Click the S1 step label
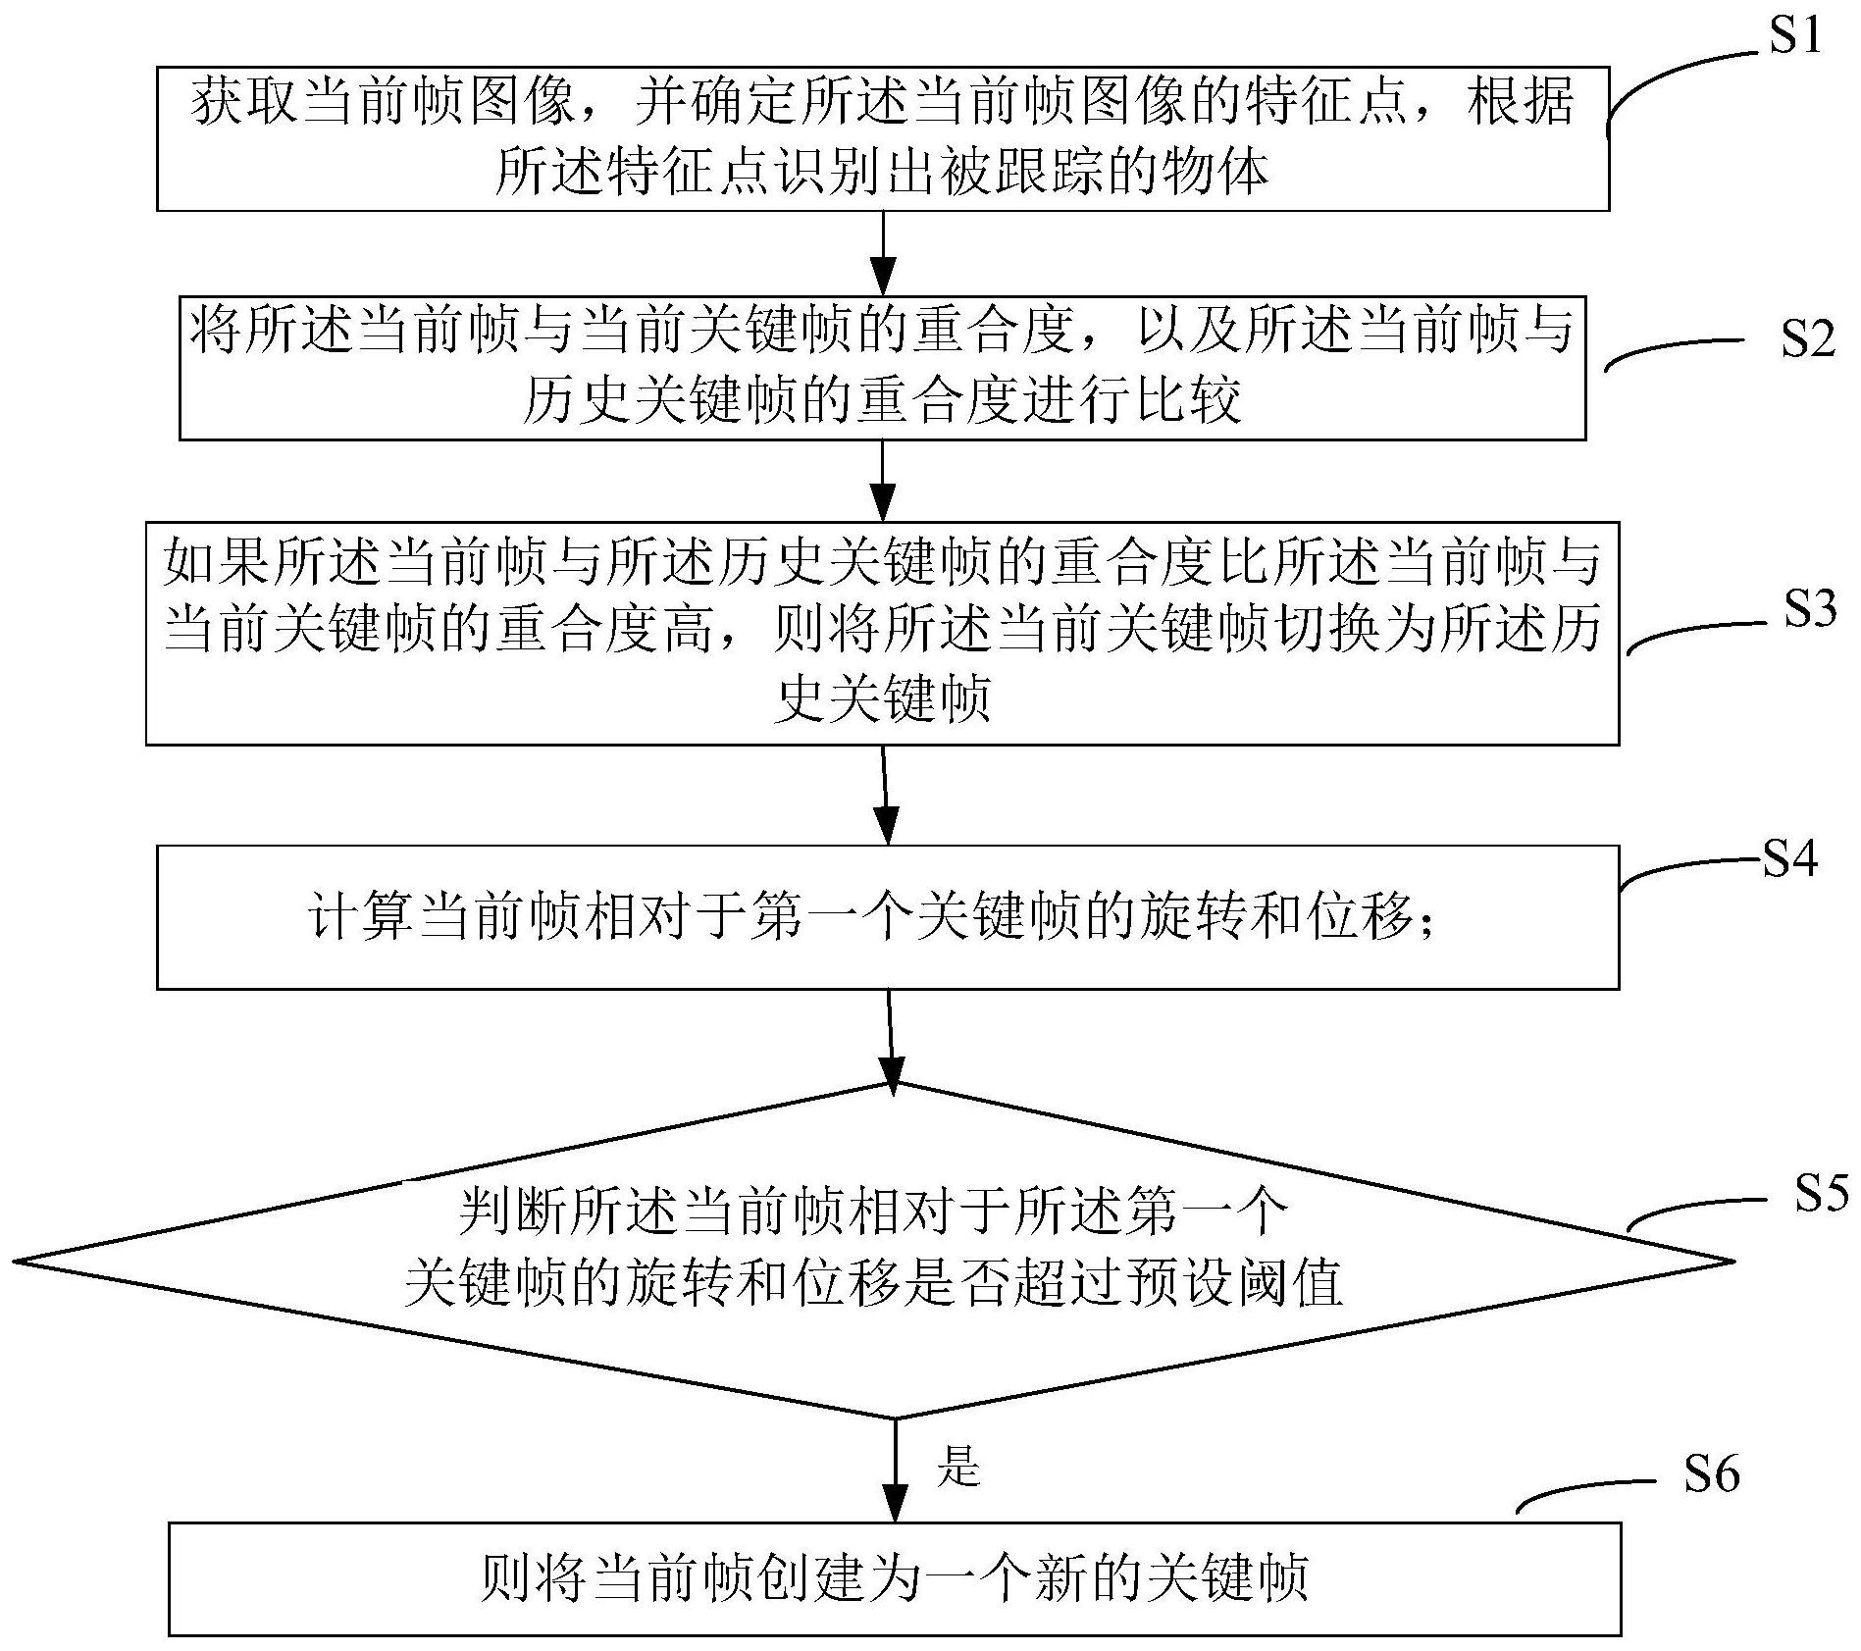pyautogui.click(x=1792, y=36)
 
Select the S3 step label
pyautogui.click(x=1809, y=609)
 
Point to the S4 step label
pyautogui.click(x=1789, y=858)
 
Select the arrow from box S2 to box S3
pyautogui.click(x=884, y=481)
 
